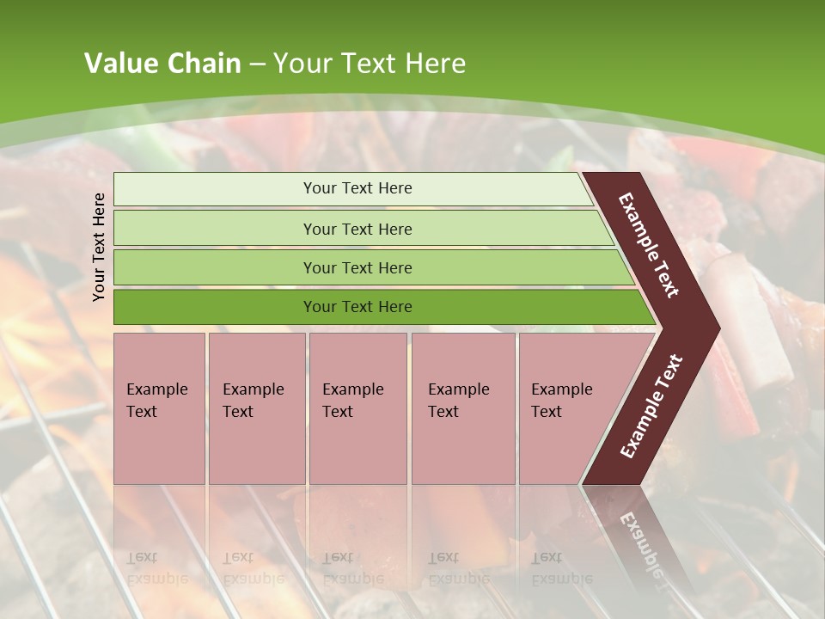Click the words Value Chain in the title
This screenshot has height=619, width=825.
pyautogui.click(x=162, y=64)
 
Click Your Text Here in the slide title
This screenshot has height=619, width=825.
pyautogui.click(x=370, y=64)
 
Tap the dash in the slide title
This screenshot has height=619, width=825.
pyautogui.click(x=257, y=64)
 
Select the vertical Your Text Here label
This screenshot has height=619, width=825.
pyautogui.click(x=99, y=247)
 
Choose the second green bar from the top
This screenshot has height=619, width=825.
pyautogui.click(x=357, y=229)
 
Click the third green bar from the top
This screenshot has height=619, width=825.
pyautogui.click(x=357, y=267)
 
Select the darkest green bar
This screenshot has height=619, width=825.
pyautogui.click(x=357, y=307)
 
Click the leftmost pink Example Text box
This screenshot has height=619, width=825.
pyautogui.click(x=159, y=408)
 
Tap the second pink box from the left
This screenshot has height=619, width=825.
pyautogui.click(x=256, y=408)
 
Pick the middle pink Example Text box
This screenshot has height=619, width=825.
pyautogui.click(x=357, y=408)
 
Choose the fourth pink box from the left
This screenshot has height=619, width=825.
pyautogui.click(x=462, y=408)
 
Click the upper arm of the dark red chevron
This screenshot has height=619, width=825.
pyautogui.click(x=649, y=245)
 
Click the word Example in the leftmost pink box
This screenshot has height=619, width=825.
pyautogui.click(x=156, y=389)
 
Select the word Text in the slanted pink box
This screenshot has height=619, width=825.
pyautogui.click(x=547, y=412)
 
